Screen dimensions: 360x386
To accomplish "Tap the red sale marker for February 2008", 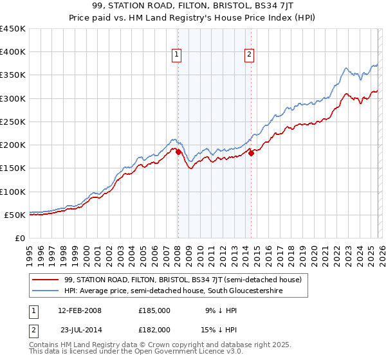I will click(178, 152).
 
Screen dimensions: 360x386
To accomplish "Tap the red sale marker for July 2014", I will click(251, 153).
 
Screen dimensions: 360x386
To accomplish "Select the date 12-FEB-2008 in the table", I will click(79, 310).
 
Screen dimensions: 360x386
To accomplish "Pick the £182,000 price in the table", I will click(154, 329).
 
